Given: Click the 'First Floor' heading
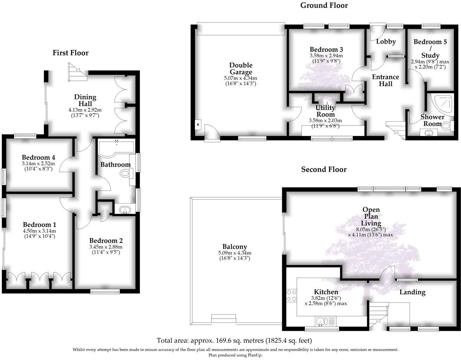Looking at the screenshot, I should tap(70, 53).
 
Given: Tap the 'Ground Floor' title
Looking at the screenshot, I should tap(324, 5).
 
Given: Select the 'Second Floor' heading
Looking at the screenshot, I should tap(324, 169).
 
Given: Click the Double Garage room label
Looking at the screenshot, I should tap(241, 69).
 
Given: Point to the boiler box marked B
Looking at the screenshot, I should tap(198, 125).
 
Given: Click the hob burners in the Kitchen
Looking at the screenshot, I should tap(291, 295).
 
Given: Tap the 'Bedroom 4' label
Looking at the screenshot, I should tap(38, 157).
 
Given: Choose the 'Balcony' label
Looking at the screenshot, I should tap(234, 247).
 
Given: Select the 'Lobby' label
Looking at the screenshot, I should tap(386, 41).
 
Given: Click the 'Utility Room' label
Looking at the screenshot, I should tap(325, 111).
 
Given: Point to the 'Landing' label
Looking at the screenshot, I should tap(412, 292).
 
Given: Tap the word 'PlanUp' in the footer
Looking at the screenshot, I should tap(254, 355).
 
